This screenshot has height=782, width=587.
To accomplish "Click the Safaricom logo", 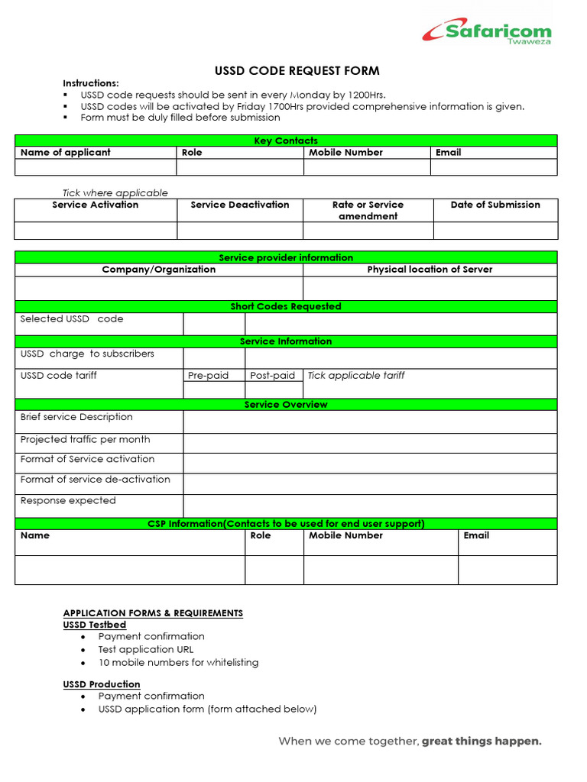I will (486, 32).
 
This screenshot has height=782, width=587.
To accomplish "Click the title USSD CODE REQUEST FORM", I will (297, 71).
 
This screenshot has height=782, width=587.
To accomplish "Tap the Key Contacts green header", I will (286, 141).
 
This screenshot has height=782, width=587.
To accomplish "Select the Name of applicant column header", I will (66, 153).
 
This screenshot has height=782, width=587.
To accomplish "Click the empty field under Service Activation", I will (96, 231).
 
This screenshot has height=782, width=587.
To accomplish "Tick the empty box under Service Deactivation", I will (240, 231).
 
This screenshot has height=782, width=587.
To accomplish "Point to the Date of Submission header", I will (495, 205).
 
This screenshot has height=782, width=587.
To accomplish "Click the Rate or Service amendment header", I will (368, 210).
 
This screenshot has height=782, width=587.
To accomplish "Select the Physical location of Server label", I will (430, 270).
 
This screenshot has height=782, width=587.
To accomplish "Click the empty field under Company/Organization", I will (159, 288).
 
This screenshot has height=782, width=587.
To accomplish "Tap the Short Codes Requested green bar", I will (286, 306).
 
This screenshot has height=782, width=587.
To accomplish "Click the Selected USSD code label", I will (72, 319).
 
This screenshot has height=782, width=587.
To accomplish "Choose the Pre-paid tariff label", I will (208, 376).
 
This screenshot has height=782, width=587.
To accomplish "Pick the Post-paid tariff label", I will (272, 376).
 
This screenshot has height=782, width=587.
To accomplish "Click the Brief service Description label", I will (76, 417).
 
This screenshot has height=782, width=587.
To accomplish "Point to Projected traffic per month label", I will (85, 440).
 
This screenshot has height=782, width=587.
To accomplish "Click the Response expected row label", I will (68, 501).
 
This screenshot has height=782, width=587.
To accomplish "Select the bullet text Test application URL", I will (145, 649).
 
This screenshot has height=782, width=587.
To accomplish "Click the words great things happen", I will (482, 741).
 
